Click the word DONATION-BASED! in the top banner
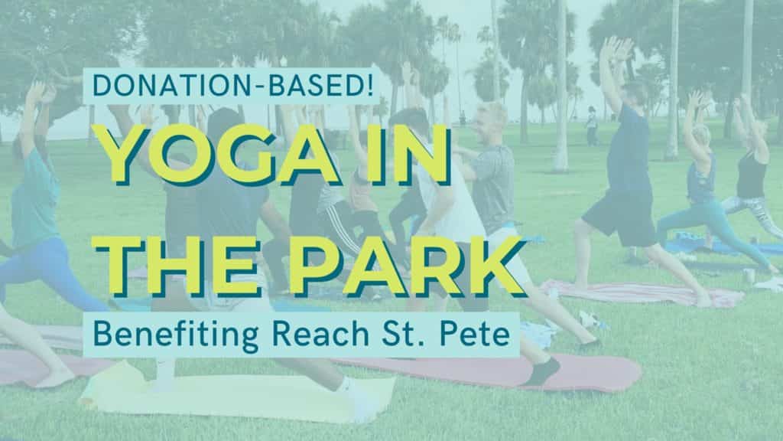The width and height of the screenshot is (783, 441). coord(232,85)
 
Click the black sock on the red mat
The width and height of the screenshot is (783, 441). coord(542,371)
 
